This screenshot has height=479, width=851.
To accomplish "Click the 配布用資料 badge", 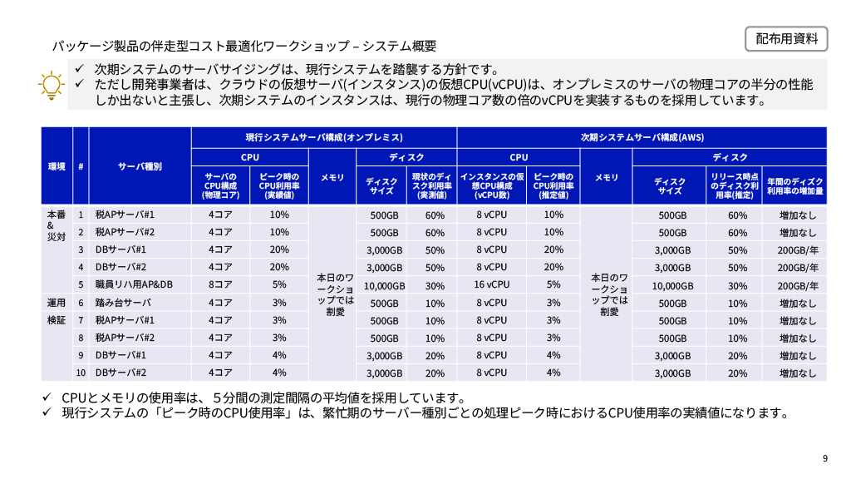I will (x=786, y=38).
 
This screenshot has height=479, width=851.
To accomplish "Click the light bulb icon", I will (x=52, y=84).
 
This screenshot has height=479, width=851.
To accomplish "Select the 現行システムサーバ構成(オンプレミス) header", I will (x=324, y=137).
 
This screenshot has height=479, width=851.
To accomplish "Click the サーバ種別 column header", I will (x=140, y=166).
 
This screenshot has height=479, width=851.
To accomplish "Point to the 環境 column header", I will (x=57, y=166).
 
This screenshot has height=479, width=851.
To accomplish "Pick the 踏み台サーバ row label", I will (x=123, y=303).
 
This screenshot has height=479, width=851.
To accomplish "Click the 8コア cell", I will (x=220, y=284).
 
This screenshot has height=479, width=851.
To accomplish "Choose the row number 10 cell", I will (x=81, y=373).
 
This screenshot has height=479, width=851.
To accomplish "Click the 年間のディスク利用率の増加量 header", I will (x=795, y=185).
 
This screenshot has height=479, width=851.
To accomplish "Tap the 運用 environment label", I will (x=56, y=303).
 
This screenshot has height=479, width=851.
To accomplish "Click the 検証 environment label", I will (x=56, y=320).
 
